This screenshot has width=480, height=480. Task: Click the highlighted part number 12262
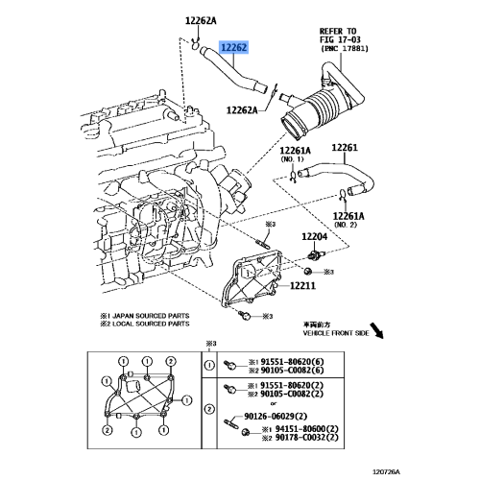[234, 48]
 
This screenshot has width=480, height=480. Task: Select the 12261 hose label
[345, 148]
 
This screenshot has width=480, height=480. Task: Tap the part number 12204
[315, 237]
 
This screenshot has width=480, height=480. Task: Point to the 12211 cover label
[302, 285]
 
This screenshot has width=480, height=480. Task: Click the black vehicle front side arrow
[377, 331]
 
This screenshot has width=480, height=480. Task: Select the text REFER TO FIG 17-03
[340, 36]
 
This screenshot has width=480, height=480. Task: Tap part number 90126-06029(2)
[276, 417]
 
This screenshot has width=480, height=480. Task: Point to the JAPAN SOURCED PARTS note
[145, 316]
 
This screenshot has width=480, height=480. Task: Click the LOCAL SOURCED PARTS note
[145, 324]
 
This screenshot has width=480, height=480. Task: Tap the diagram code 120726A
[387, 472]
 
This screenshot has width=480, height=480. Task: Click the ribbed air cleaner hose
[324, 108]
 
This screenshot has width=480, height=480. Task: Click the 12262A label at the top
[201, 21]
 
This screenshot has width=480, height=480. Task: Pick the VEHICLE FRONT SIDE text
[336, 333]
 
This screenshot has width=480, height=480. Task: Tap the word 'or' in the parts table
[274, 403]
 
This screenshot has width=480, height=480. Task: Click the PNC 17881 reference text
[345, 49]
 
